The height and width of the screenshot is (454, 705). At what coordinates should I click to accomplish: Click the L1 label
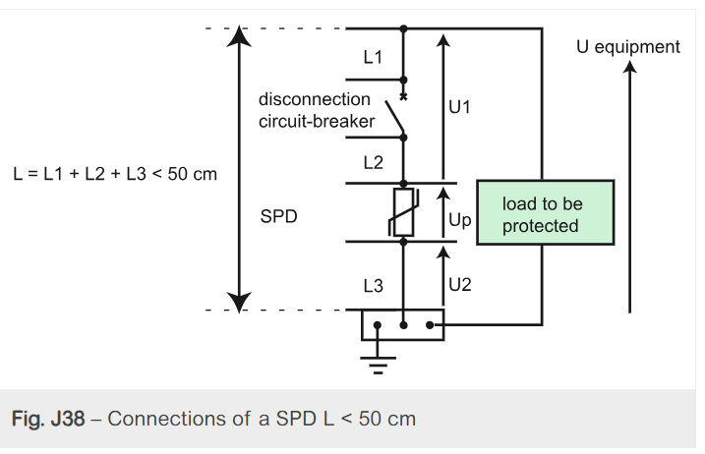pyautogui.click(x=373, y=58)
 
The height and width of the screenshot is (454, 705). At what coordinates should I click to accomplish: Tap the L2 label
pyautogui.click(x=373, y=162)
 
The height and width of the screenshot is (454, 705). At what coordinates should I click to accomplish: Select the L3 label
pyautogui.click(x=373, y=285)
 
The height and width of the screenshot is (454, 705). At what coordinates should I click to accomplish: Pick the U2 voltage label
pyautogui.click(x=459, y=285)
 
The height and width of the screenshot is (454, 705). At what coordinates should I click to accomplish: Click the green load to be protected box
pyautogui.click(x=545, y=213)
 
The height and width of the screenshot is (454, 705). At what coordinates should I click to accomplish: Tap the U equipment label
pyautogui.click(x=627, y=47)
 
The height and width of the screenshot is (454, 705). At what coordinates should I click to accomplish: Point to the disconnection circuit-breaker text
pyautogui.click(x=316, y=110)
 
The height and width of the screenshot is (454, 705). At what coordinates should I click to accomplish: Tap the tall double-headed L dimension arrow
pyautogui.click(x=238, y=167)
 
